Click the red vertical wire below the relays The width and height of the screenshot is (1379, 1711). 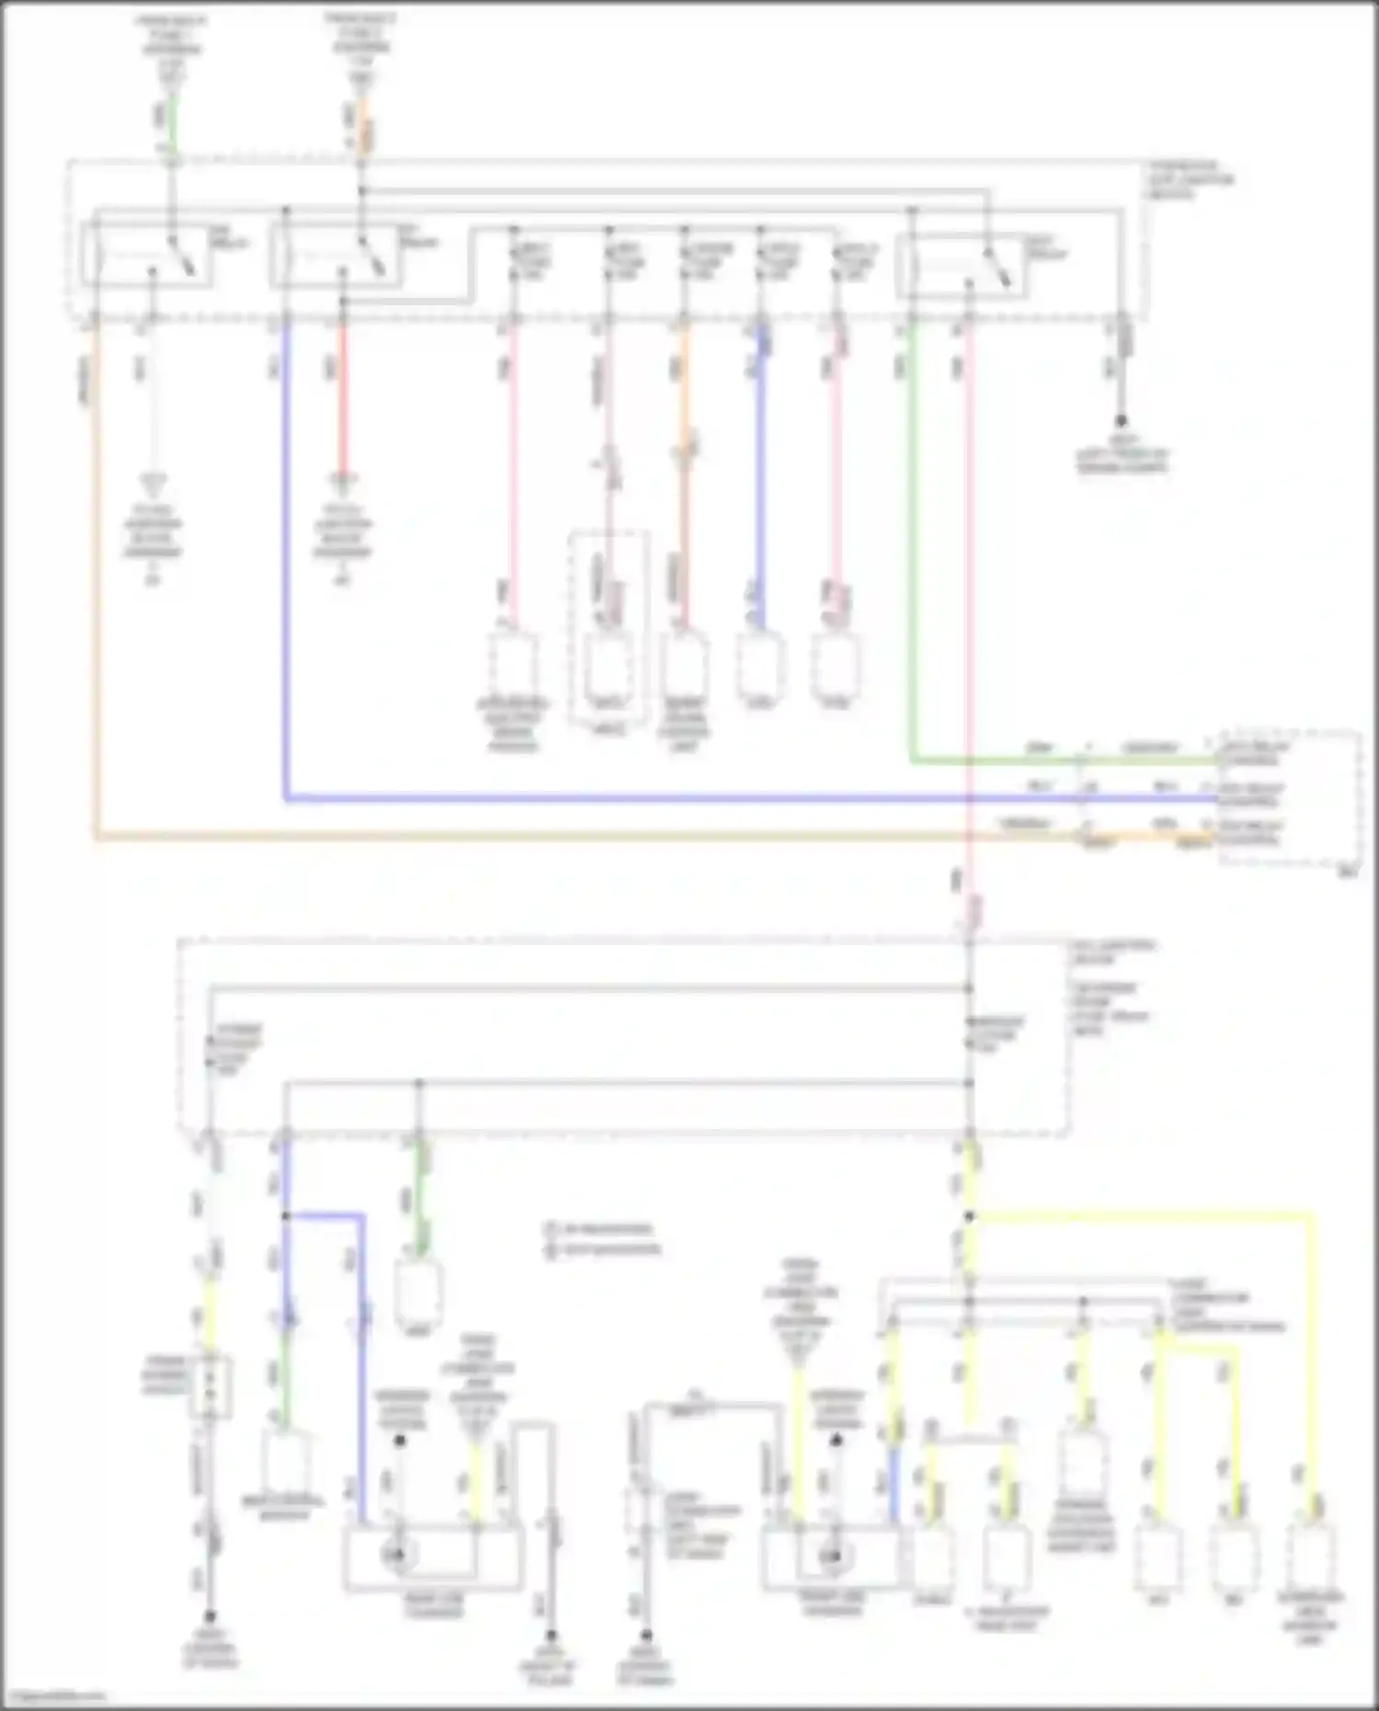pyautogui.click(x=343, y=405)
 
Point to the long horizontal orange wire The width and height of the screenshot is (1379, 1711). pyautogui.click(x=552, y=837)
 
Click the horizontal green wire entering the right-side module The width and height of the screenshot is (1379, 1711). pyautogui.click(x=1057, y=760)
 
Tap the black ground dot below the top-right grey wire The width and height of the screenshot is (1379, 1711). pyautogui.click(x=1121, y=422)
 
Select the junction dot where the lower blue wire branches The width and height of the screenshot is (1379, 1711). pyautogui.click(x=285, y=1215)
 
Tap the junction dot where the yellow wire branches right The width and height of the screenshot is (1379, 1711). pyautogui.click(x=969, y=1216)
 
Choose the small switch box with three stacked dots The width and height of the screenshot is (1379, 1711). pyautogui.click(x=210, y=1387)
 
